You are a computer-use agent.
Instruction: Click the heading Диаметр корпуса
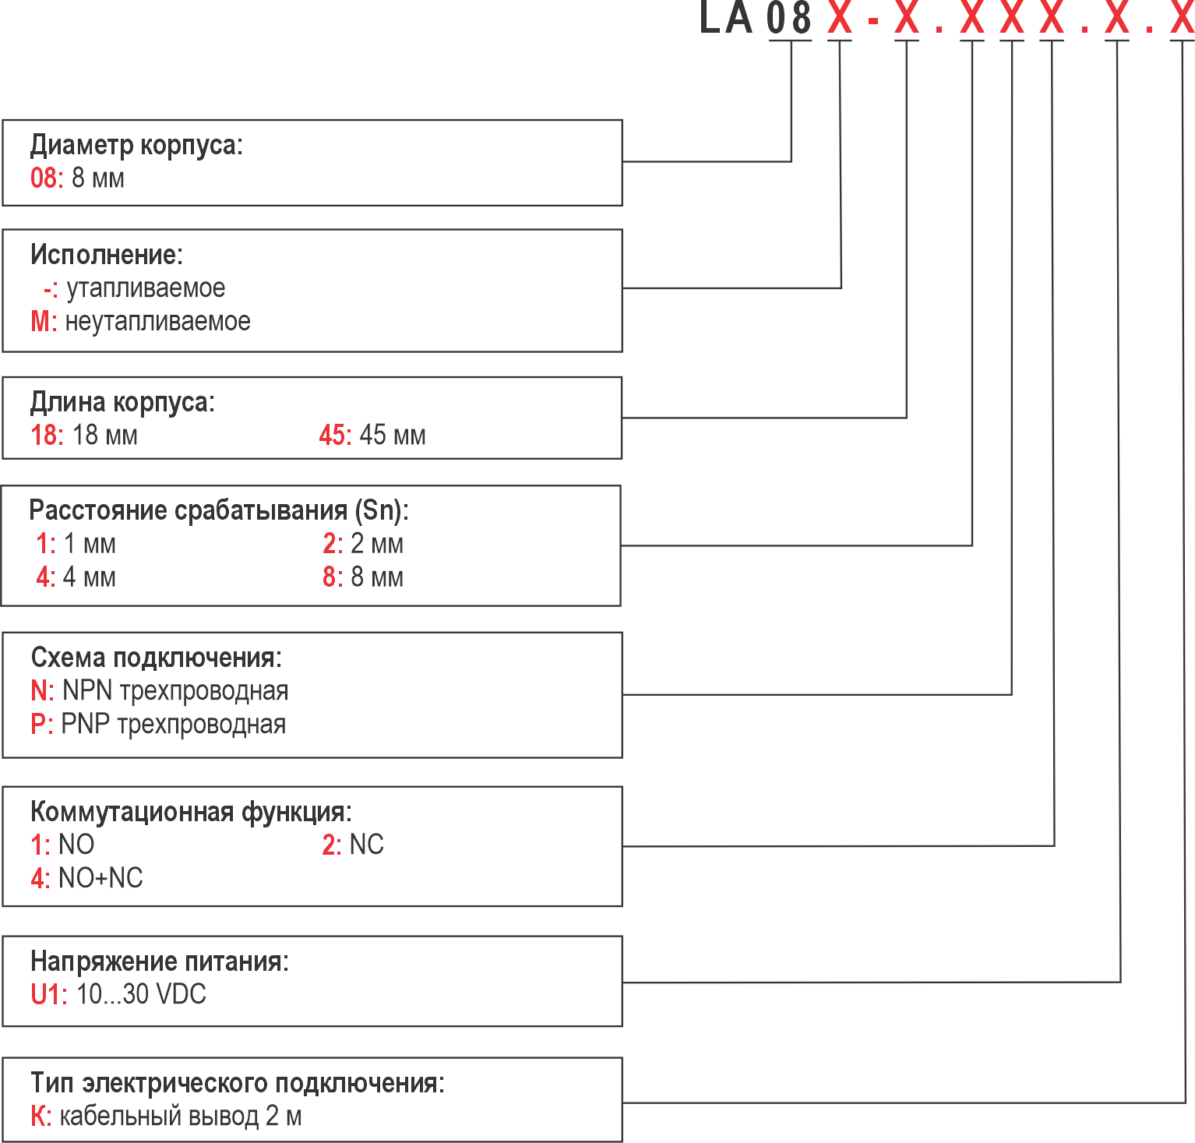coord(136,145)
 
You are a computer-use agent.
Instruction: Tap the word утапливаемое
coord(146,288)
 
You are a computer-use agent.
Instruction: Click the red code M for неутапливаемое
coord(41,321)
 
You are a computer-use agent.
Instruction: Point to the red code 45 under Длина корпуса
coord(333,435)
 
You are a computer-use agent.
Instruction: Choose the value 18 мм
coord(104,435)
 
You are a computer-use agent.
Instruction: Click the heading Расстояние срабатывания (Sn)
coord(218,510)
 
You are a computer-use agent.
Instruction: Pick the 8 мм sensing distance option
coord(377,577)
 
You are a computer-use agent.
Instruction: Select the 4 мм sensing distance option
coord(89,577)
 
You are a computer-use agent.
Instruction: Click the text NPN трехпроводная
coord(175,690)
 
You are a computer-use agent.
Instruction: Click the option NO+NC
coord(100,878)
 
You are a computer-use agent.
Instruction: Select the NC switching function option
coord(366,845)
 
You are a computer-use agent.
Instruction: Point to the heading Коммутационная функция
coord(191,812)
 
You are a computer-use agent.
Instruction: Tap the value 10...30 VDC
coord(141,994)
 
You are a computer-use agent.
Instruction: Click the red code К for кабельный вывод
coord(39,1117)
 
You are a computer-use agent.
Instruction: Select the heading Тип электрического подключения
coord(238,1083)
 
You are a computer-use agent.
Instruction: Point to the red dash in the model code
coord(873,19)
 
